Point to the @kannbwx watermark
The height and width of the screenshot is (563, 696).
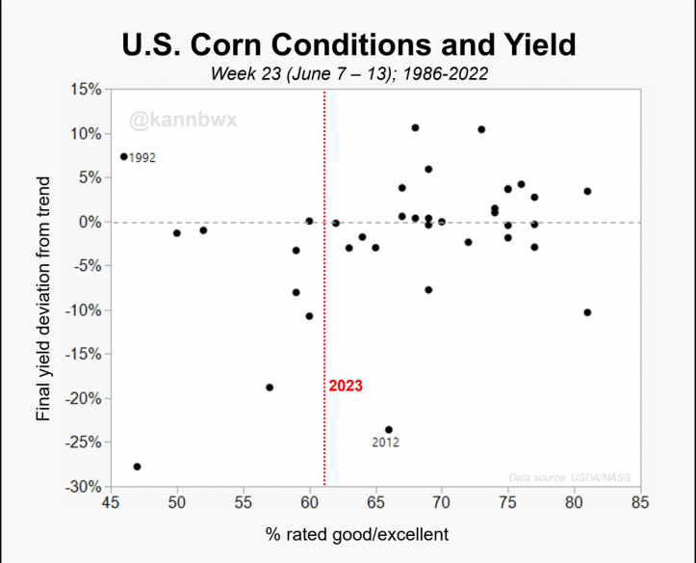pos(183,121)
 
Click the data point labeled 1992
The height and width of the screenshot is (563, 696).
pos(123,156)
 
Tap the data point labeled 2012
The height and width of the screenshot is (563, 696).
pos(389,430)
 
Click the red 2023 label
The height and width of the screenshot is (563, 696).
pos(346,386)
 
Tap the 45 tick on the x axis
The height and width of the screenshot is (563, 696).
pos(110,502)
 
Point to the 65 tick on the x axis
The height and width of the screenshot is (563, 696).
pos(375,502)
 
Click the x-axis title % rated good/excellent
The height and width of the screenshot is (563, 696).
pos(374,533)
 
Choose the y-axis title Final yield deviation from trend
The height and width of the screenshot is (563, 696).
pos(43,289)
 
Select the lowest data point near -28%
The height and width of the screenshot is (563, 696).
pos(137,467)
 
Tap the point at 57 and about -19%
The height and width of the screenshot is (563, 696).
pos(270,388)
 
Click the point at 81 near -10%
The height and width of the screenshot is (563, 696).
pos(587,312)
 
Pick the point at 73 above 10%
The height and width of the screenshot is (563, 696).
pos(481,129)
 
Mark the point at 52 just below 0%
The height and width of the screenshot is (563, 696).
pos(203,230)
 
